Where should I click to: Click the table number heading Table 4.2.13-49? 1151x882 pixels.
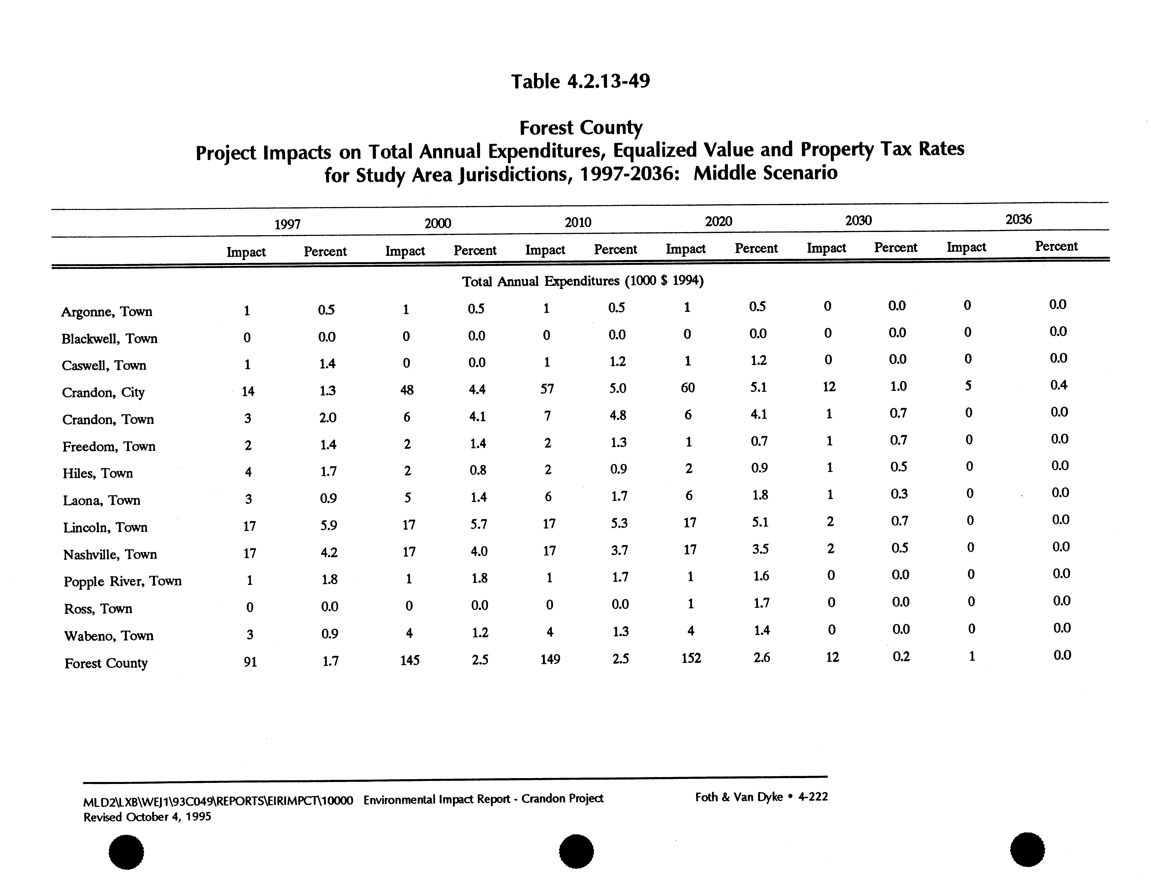580,81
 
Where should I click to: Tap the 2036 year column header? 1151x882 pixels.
1018,219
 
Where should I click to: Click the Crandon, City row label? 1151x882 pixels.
103,393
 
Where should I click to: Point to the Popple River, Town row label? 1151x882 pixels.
122,581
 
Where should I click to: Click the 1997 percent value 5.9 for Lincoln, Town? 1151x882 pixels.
328,525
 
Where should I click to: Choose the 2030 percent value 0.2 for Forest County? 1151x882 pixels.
901,656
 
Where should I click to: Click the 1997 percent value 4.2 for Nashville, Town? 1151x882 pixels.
329,552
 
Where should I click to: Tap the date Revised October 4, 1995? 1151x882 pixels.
147,817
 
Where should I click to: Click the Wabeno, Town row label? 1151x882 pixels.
109,636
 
